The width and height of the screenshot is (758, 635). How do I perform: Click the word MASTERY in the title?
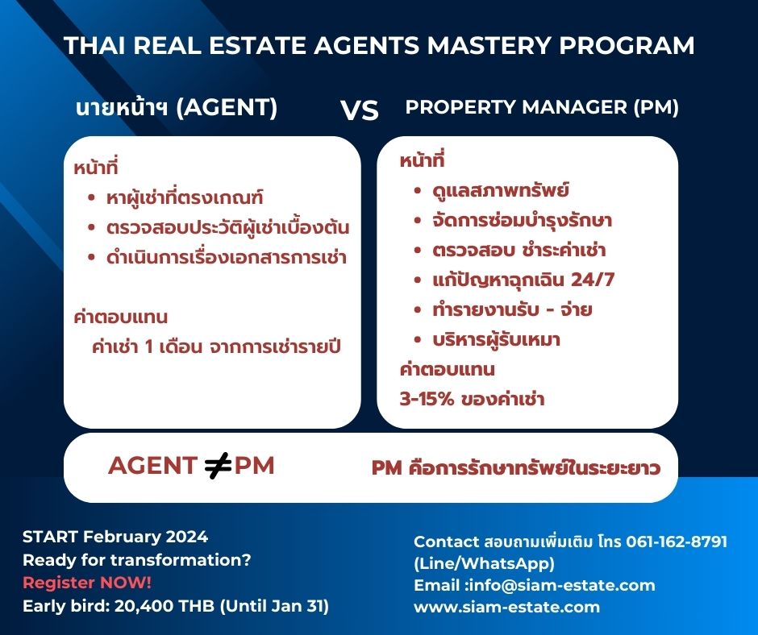pyautogui.click(x=489, y=45)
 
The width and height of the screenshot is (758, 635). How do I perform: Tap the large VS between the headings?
pyautogui.click(x=359, y=110)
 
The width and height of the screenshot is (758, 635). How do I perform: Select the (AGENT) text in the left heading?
pyautogui.click(x=227, y=107)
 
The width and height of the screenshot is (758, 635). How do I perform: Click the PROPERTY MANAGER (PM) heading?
pyautogui.click(x=542, y=107)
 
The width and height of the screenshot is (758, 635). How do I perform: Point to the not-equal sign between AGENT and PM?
pyautogui.click(x=218, y=467)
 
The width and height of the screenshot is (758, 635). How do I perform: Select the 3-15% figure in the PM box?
pyautogui.click(x=427, y=399)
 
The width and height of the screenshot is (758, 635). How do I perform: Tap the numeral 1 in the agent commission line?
pyautogui.click(x=149, y=347)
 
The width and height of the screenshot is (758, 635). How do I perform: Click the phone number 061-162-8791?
pyautogui.click(x=677, y=542)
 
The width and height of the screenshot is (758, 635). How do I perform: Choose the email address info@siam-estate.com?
pyautogui.click(x=562, y=585)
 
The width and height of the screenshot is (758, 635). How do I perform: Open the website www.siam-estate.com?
pyautogui.click(x=506, y=607)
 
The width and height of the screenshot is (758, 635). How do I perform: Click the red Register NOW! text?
pyautogui.click(x=87, y=583)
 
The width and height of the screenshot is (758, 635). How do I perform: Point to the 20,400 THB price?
pyautogui.click(x=164, y=605)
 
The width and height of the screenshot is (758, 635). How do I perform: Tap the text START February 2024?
pyautogui.click(x=115, y=537)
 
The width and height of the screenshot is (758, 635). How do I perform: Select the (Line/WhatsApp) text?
pyautogui.click(x=484, y=563)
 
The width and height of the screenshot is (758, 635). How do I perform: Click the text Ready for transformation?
pyautogui.click(x=137, y=560)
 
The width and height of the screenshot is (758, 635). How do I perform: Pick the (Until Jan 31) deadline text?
pyautogui.click(x=274, y=606)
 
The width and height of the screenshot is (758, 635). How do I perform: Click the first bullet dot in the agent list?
pyautogui.click(x=91, y=197)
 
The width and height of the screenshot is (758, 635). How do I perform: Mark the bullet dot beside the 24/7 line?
pyautogui.click(x=418, y=280)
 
